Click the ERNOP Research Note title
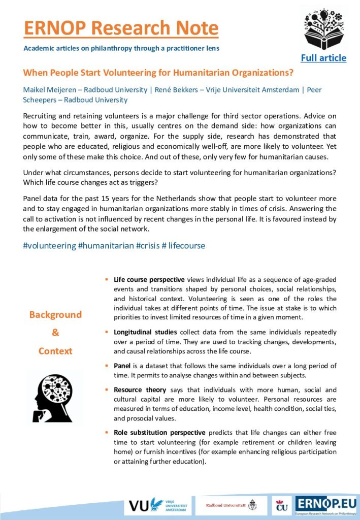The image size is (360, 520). click(x=121, y=28)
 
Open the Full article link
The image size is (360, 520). click(x=323, y=58)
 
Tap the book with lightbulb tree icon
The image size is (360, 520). click(x=323, y=28)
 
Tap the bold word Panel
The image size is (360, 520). click(x=124, y=366)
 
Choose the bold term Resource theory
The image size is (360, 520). click(x=140, y=390)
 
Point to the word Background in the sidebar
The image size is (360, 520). click(x=55, y=315)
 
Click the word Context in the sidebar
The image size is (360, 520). click(x=55, y=351)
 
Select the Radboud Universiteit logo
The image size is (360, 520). click(x=232, y=505)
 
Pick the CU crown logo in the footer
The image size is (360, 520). click(x=281, y=506)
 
